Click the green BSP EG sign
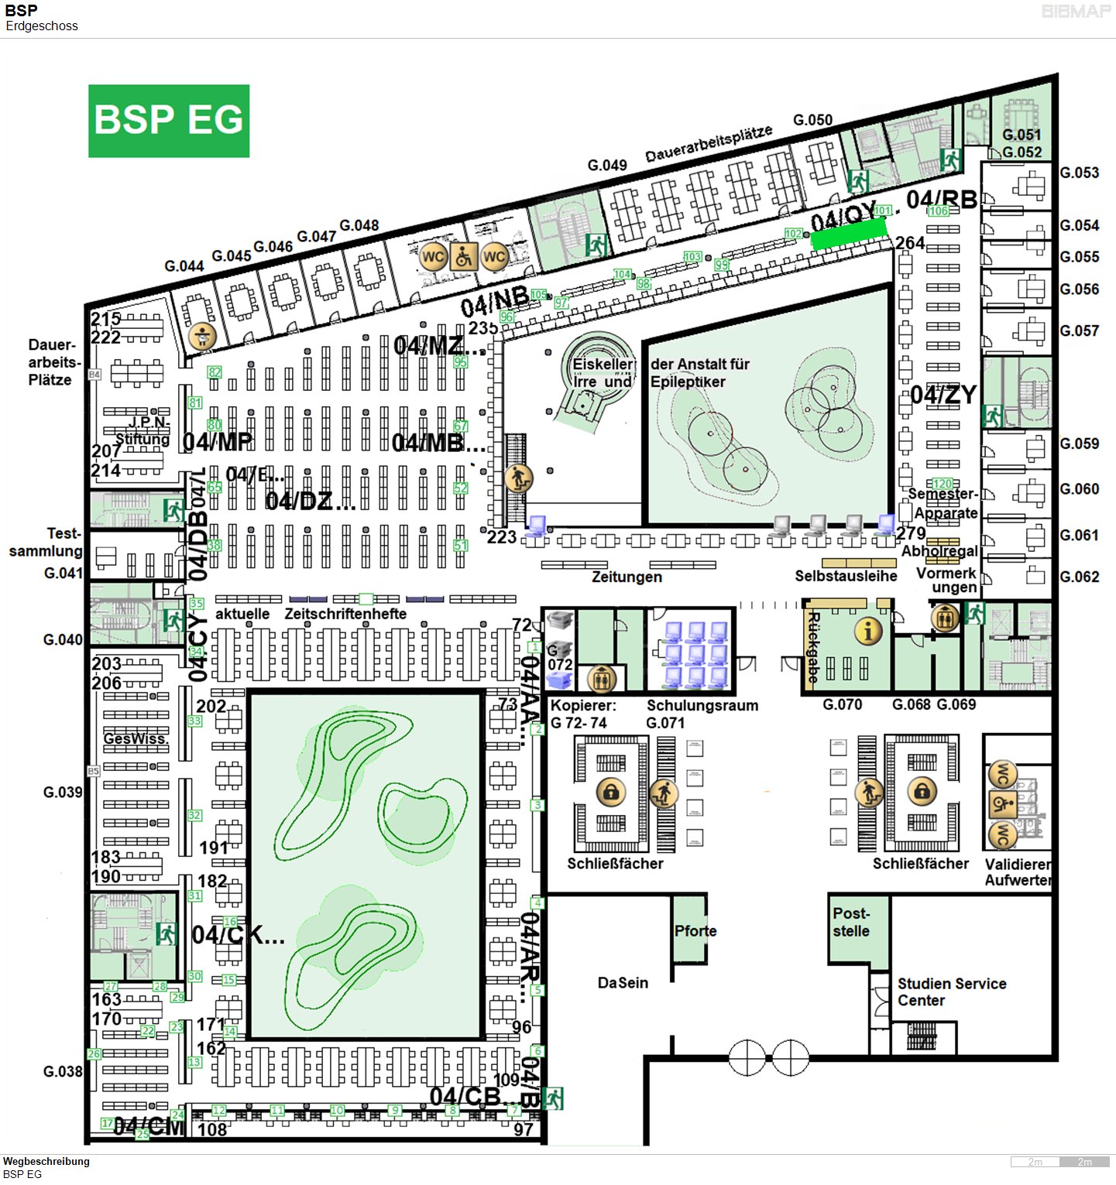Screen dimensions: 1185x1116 tap(169, 121)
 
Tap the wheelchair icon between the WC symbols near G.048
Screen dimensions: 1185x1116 tap(463, 255)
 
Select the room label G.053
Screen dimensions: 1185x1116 tap(1079, 173)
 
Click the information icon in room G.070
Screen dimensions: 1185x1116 tap(868, 632)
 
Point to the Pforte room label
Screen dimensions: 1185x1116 tap(695, 930)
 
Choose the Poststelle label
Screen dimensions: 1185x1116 tap(851, 922)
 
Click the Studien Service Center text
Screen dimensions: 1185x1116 tap(951, 991)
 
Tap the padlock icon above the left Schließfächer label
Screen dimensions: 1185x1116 tap(610, 792)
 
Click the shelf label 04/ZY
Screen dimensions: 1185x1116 tap(943, 395)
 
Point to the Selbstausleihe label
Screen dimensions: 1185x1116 tap(846, 576)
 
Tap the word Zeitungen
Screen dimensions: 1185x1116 tap(627, 577)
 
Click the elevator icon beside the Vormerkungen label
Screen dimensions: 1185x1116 tap(944, 618)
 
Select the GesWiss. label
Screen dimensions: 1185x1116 tap(136, 738)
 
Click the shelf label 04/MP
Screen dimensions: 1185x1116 tap(218, 442)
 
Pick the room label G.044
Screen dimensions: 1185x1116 tap(184, 266)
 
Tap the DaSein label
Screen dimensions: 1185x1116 tap(623, 983)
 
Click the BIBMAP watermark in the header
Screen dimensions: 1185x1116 tap(1076, 12)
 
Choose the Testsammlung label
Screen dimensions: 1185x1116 tap(46, 543)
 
